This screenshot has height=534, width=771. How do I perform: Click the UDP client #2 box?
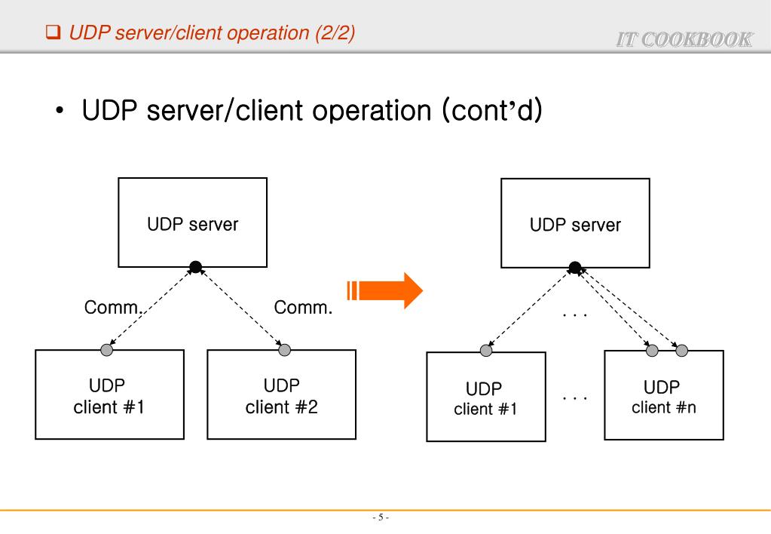(x=281, y=394)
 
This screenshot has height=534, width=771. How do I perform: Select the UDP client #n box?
(x=663, y=395)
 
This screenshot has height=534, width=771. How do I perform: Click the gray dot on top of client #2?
(x=285, y=350)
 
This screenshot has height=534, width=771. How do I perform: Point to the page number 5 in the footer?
(x=381, y=517)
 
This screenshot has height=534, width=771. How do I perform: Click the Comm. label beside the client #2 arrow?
(x=303, y=308)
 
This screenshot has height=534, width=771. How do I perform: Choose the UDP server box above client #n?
(x=575, y=222)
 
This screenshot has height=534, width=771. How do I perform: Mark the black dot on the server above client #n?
(x=575, y=267)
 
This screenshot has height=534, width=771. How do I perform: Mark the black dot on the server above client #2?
(x=195, y=266)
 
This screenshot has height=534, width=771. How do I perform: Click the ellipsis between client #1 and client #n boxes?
(x=575, y=396)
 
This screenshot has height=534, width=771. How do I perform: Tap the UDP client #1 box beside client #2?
(x=109, y=394)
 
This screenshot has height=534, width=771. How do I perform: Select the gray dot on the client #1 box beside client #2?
(x=107, y=350)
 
